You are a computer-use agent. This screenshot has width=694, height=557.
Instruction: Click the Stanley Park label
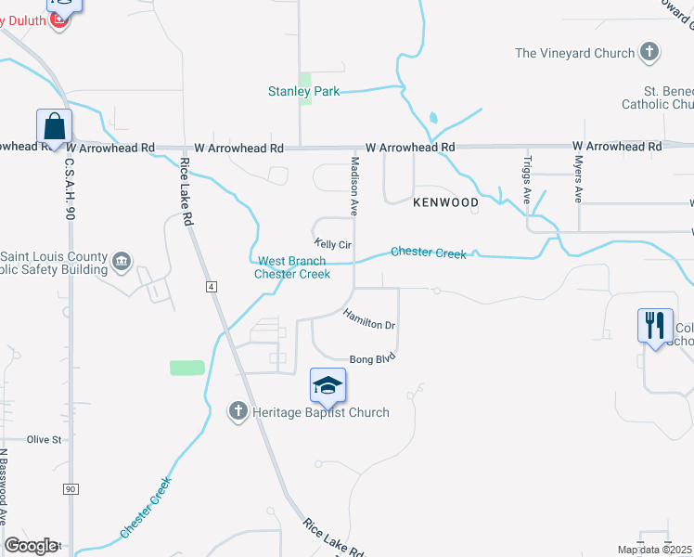[x=303, y=91]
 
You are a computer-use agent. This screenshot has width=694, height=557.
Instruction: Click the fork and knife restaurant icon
[x=655, y=326]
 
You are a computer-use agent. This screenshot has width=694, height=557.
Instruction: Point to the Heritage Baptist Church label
[x=322, y=412]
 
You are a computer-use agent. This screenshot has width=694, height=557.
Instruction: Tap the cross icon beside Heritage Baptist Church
[x=238, y=410]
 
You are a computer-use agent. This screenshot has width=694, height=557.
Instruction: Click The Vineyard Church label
[x=575, y=53]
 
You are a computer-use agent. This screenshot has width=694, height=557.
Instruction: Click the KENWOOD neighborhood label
[x=445, y=202]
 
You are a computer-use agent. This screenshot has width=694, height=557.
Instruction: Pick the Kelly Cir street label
[x=332, y=244]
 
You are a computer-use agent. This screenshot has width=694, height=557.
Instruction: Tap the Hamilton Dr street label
[x=369, y=318]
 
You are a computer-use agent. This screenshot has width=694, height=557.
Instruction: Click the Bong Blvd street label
[x=373, y=358]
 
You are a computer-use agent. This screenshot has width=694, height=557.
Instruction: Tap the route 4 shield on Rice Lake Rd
[x=212, y=288]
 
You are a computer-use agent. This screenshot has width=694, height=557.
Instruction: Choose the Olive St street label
[x=44, y=439]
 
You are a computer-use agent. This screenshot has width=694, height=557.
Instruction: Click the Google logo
[x=31, y=546]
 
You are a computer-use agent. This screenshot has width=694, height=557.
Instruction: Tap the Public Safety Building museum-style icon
[x=122, y=263]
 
